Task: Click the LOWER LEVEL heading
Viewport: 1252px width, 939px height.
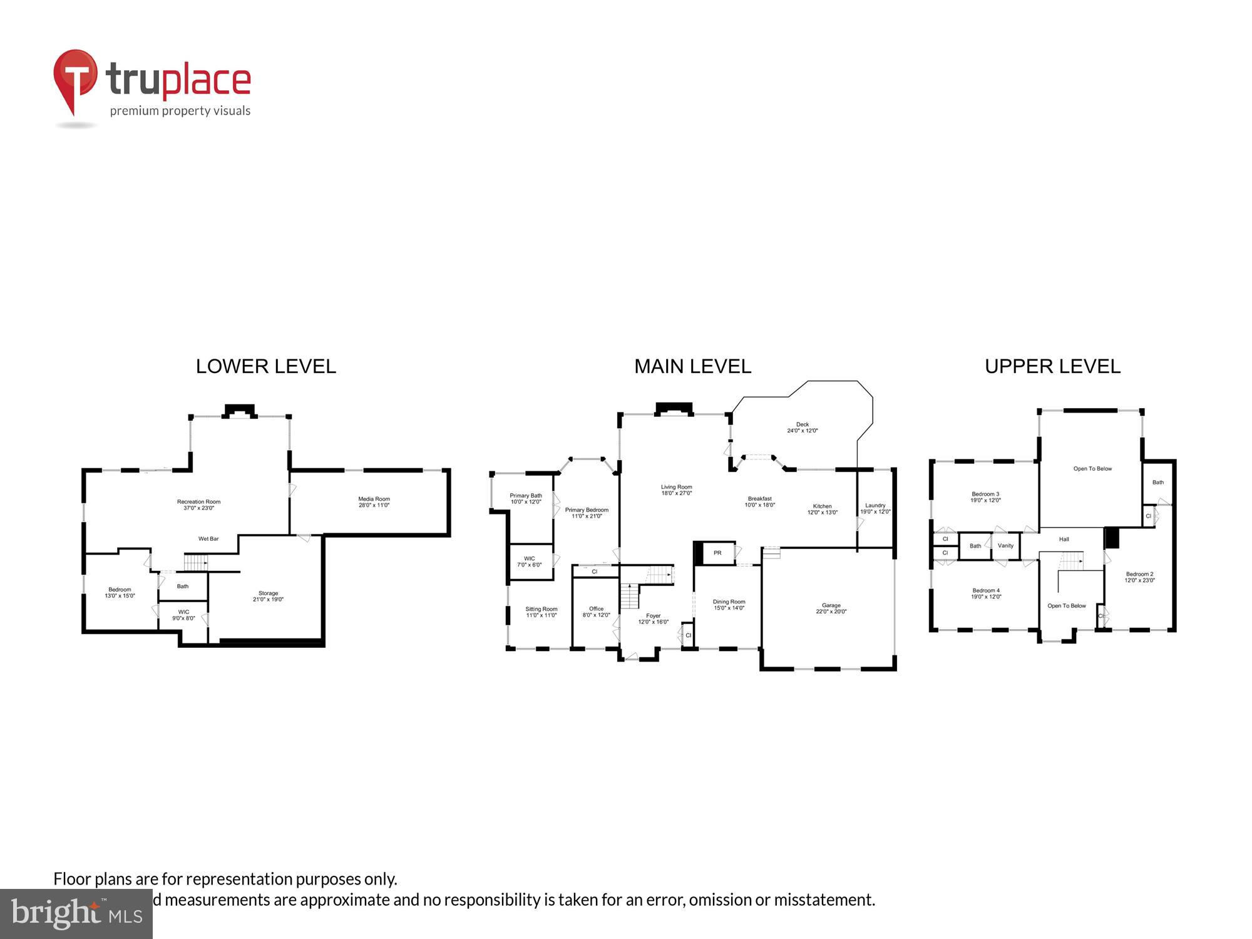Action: (x=266, y=366)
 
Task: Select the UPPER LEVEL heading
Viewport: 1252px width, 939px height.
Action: (x=1052, y=366)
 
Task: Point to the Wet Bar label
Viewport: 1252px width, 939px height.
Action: (x=208, y=538)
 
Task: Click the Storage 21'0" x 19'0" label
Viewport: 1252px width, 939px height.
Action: (x=268, y=596)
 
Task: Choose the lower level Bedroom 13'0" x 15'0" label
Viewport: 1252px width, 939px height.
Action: (x=120, y=592)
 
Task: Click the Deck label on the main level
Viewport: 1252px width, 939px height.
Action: (x=802, y=428)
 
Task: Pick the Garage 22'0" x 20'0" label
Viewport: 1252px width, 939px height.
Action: (x=831, y=608)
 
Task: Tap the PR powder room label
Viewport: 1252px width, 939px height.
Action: (x=717, y=553)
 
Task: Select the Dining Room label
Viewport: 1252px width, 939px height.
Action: (x=729, y=605)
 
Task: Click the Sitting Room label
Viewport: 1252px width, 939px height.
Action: (x=541, y=612)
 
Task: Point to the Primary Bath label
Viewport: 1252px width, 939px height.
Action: (x=525, y=498)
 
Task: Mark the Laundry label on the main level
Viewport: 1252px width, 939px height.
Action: (x=875, y=508)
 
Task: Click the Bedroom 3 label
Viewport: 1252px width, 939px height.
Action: (x=985, y=497)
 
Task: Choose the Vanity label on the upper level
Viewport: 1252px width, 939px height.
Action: (x=1005, y=546)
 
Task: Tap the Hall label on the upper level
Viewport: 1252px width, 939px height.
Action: (x=1064, y=539)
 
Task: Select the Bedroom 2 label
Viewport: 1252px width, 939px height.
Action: (x=1139, y=577)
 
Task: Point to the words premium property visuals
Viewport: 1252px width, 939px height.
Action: (x=180, y=111)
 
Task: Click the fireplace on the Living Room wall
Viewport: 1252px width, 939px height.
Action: (x=674, y=409)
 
